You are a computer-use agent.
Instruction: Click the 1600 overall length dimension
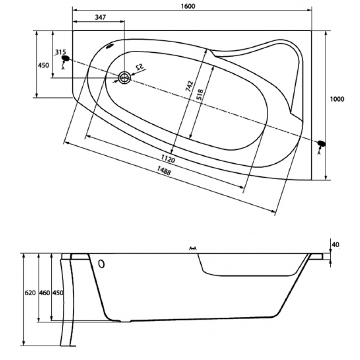coord(192,5)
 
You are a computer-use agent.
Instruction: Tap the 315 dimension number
coord(60,52)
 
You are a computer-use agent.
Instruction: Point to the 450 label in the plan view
coord(43,66)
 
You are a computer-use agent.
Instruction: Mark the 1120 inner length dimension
coord(167,160)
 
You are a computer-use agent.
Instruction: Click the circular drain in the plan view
coord(124,77)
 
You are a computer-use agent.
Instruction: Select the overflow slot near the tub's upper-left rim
coord(109,46)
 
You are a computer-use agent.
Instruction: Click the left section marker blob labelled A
coord(65,58)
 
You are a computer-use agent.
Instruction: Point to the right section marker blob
coord(321,144)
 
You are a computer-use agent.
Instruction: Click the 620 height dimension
coord(30,293)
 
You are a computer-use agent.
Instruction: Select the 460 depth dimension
coord(44,293)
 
